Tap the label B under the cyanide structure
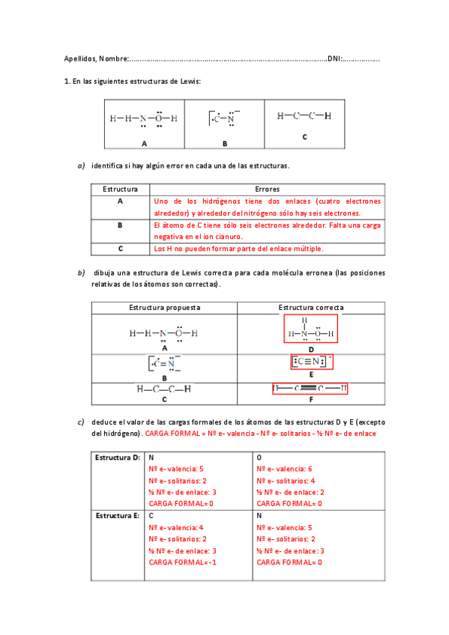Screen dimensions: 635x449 click(224, 142)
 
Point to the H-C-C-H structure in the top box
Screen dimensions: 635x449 click(304, 116)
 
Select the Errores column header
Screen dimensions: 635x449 click(267, 190)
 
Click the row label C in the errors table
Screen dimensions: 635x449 click(120, 248)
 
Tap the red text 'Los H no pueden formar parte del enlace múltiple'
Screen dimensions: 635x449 click(238, 248)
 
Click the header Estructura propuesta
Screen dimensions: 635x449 click(164, 308)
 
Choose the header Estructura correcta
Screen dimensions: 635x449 click(311, 308)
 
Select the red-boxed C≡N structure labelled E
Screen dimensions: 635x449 click(310, 362)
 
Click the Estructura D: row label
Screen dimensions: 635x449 click(118, 457)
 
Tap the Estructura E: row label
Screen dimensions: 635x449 click(118, 517)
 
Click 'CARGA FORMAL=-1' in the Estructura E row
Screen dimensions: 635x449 click(183, 562)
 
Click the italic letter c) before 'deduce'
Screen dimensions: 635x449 click(81, 422)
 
